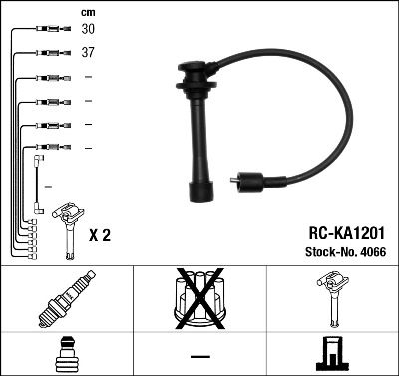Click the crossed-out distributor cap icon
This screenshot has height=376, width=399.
coord(199,299)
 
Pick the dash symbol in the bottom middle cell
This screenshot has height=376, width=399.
coord(199,356)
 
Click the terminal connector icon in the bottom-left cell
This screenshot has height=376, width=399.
coord(66,355)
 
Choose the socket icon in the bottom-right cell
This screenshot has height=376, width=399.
coord(331,354)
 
